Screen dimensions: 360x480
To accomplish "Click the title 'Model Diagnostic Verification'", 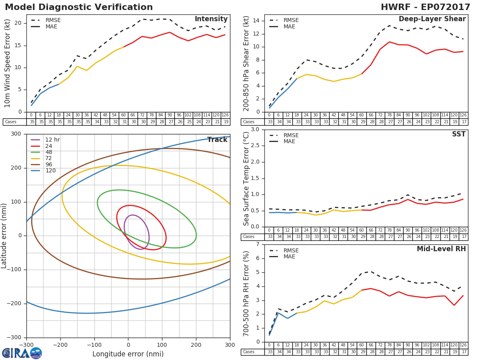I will pyautogui.click(x=79, y=7).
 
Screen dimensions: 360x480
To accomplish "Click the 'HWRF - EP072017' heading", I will pyautogui.click(x=425, y=7).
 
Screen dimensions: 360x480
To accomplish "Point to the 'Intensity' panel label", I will pyautogui.click(x=211, y=19).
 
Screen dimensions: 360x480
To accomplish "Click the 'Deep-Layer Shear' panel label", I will pyautogui.click(x=432, y=19).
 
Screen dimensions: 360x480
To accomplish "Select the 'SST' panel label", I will pyautogui.click(x=459, y=134).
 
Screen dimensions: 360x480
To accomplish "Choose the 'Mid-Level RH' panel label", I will pyautogui.click(x=441, y=249).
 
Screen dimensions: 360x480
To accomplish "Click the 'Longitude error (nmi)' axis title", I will pyautogui.click(x=128, y=354).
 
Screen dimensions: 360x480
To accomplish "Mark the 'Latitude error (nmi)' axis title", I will pyautogui.click(x=4, y=236).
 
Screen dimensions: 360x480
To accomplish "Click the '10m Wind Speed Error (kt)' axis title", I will pyautogui.click(x=8, y=63).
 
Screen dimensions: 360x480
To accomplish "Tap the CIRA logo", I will pyautogui.click(x=22, y=353).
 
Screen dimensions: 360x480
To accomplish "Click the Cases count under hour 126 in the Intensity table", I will pyautogui.click(x=226, y=122).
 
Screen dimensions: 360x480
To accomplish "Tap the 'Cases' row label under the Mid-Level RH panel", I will pyautogui.click(x=249, y=352).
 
